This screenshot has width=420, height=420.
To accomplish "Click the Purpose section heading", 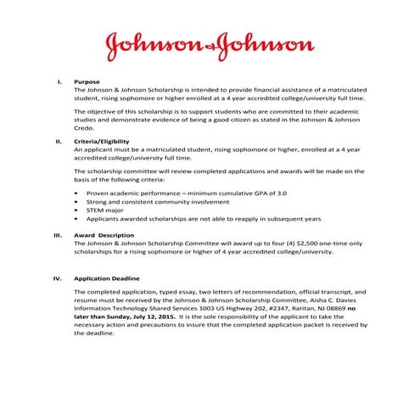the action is pyautogui.click(x=87, y=81).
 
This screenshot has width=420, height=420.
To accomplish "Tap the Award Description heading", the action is pyautogui.click(x=104, y=235).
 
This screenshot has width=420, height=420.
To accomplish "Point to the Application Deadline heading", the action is pyautogui.click(x=107, y=277).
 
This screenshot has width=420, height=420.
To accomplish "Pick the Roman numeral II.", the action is pyautogui.click(x=59, y=141).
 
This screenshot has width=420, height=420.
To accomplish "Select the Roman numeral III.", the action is pyautogui.click(x=58, y=235).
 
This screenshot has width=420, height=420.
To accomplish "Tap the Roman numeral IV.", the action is pyautogui.click(x=58, y=277).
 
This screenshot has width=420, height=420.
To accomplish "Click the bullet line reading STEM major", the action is pyautogui.click(x=106, y=210).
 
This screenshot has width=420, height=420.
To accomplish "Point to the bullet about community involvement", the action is pyautogui.click(x=158, y=202).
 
